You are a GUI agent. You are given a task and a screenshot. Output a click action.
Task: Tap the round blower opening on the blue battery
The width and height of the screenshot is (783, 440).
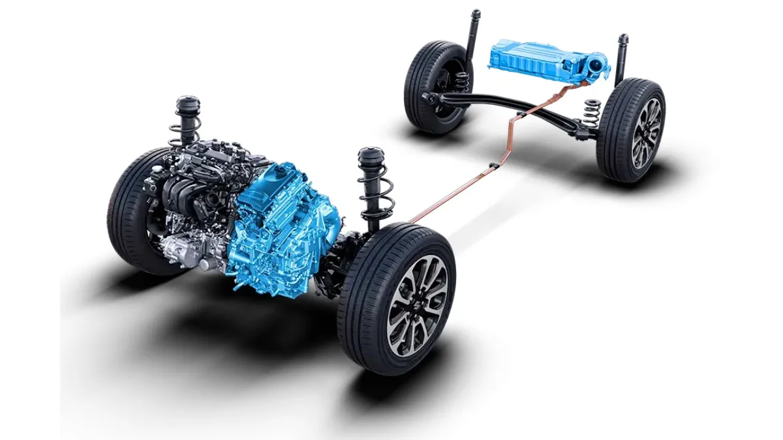tap(595, 66)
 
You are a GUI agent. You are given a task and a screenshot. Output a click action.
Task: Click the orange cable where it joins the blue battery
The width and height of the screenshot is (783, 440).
tap(574, 84)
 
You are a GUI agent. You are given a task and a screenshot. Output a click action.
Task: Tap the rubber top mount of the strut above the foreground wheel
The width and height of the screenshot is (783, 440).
tap(370, 158)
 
